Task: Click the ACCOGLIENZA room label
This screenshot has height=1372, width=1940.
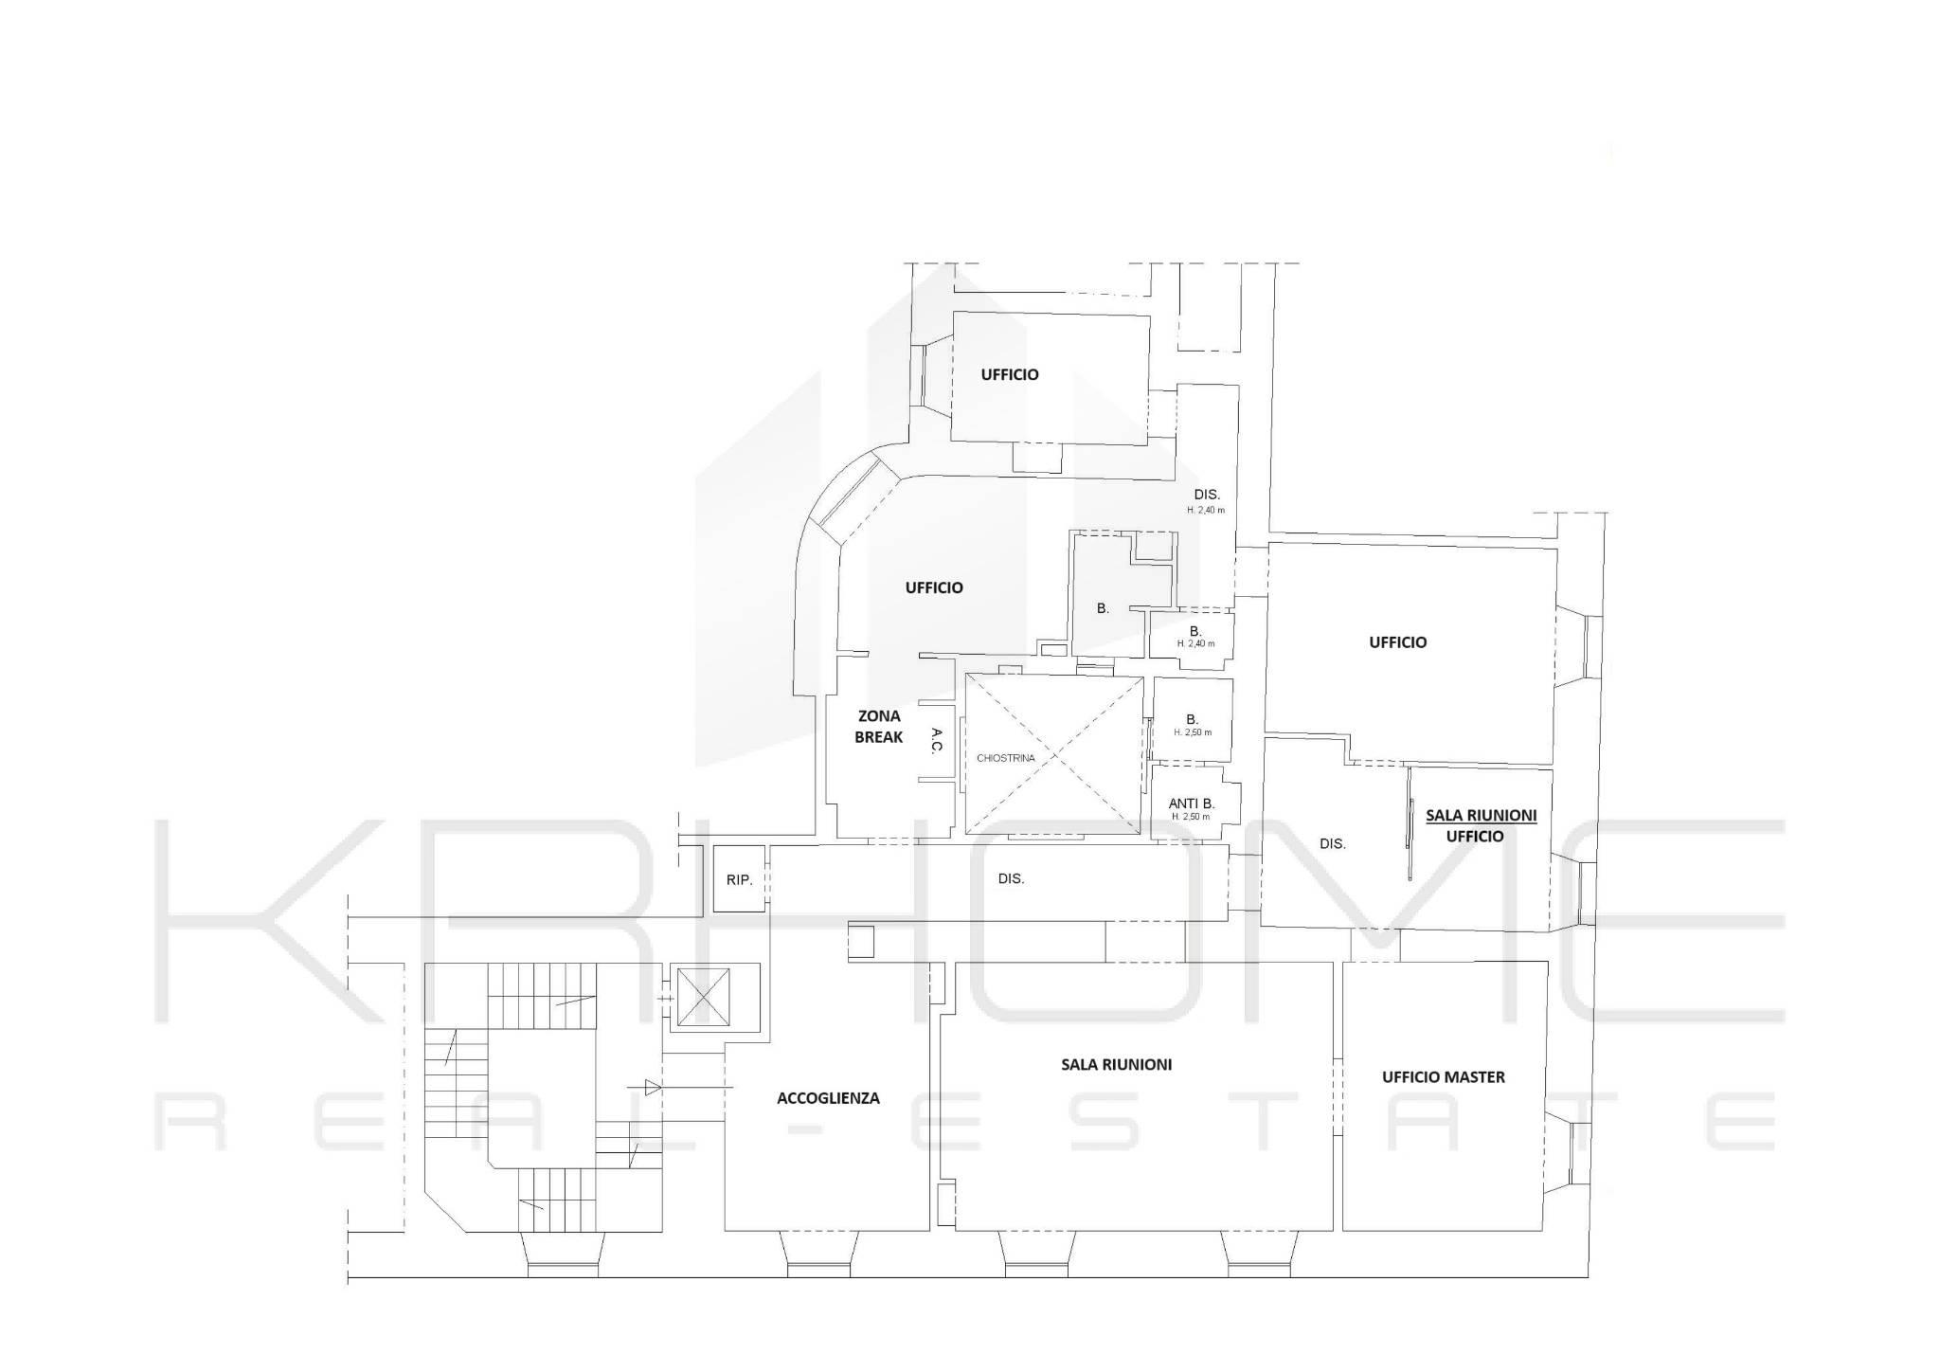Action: coord(828,1098)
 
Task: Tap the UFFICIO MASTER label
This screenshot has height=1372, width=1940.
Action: coord(1444,1076)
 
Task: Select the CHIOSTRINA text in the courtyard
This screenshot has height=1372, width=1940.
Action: coord(1006,758)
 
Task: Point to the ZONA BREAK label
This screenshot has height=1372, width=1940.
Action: coord(879,727)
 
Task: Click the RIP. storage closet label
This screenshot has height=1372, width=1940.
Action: coord(739,880)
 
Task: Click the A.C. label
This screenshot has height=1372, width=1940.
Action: coord(936,740)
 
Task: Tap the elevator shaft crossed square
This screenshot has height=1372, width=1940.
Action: coord(702,1000)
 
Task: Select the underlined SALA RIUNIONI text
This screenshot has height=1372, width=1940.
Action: coord(1481,815)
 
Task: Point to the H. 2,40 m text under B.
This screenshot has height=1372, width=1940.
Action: coord(1195,644)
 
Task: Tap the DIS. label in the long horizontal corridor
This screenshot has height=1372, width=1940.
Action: coord(1011,878)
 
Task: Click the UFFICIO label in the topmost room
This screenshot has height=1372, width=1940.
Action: coord(1010,374)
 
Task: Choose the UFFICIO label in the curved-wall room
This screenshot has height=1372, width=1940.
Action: coord(934,587)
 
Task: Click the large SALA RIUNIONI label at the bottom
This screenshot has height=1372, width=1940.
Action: coord(1116,1064)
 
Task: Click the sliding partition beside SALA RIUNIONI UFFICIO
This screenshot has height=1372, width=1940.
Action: coord(1410,824)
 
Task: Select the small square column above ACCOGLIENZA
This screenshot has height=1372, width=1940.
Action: coord(861,941)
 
